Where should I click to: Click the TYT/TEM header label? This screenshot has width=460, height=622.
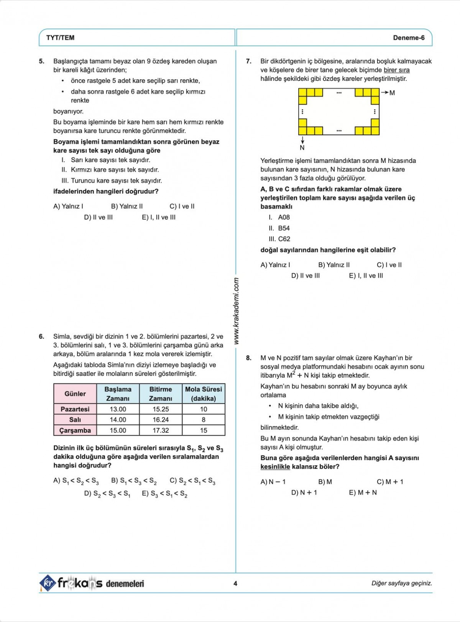[60, 38]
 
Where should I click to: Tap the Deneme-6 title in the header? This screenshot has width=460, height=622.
[409, 38]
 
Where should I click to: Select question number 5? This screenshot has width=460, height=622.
[41, 61]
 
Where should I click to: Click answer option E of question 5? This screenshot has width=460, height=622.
[159, 217]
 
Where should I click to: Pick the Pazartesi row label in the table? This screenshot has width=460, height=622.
[75, 409]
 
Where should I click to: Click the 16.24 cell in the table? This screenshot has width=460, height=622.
[161, 420]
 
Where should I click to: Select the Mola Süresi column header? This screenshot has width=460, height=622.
[204, 394]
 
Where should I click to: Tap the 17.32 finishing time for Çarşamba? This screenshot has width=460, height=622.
[161, 430]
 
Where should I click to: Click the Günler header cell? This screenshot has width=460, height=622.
[75, 394]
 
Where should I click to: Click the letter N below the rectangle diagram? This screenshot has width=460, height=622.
[302, 148]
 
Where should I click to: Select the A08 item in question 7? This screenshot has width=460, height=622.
[284, 217]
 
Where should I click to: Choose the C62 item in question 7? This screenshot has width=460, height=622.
[284, 239]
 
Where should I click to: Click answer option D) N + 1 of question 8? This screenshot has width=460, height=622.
[304, 492]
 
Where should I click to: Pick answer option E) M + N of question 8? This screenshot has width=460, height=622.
[363, 492]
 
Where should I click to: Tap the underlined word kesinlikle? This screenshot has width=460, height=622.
[275, 467]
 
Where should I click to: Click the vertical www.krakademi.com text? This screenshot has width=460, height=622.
[236, 310]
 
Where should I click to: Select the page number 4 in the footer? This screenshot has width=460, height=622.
[235, 583]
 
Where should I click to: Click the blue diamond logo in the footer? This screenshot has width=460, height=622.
[48, 583]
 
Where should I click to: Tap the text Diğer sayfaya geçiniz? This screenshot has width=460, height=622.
[401, 583]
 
